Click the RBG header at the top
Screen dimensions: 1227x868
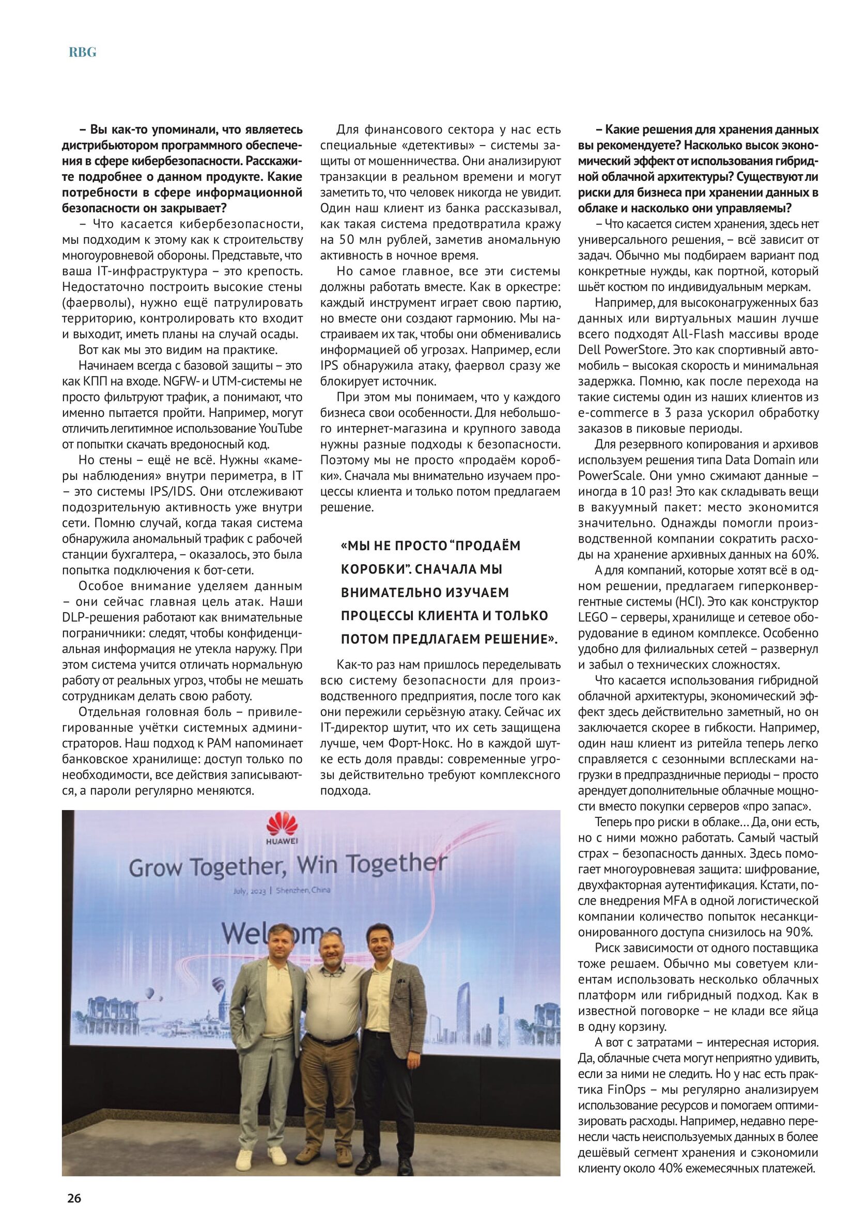(82, 52)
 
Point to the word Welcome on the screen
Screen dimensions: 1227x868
(282, 933)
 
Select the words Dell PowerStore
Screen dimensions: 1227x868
(623, 350)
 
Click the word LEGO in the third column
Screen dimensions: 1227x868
(593, 618)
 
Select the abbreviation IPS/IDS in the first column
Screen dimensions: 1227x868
(176, 491)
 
